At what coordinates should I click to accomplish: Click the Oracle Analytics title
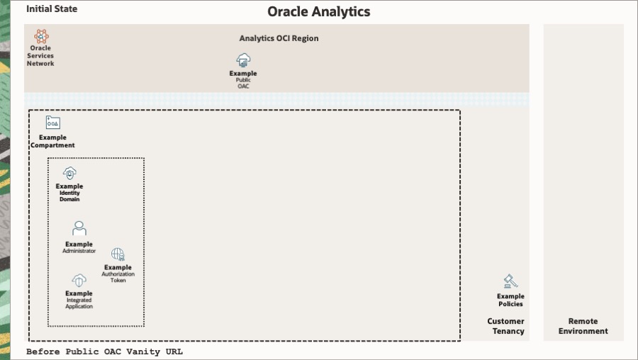(318, 12)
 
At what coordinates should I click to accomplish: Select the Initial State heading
(52, 9)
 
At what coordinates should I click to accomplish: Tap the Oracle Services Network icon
(41, 37)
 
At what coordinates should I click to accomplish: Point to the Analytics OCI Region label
(279, 38)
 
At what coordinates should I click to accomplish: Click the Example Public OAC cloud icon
(243, 61)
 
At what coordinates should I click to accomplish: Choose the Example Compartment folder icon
(53, 123)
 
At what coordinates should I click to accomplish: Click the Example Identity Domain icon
(69, 174)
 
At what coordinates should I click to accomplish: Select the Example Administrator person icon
(79, 229)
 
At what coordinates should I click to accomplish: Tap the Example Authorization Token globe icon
(118, 254)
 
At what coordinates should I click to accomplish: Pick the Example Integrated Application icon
(79, 280)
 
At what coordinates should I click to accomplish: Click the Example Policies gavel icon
(510, 281)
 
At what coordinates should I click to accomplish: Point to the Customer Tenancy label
(505, 326)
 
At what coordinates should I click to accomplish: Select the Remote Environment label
(583, 326)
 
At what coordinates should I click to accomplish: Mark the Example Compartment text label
(52, 141)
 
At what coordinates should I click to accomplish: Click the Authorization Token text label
(118, 277)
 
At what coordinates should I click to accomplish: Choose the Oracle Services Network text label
(40, 56)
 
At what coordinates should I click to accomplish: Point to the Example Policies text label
(510, 300)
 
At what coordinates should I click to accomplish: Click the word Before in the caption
(43, 351)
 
